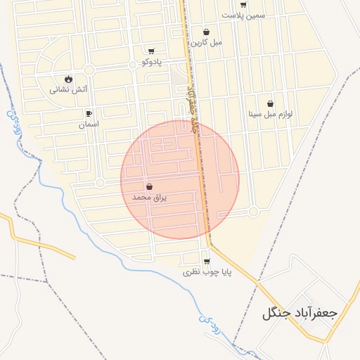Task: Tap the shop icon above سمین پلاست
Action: [x=243, y=4]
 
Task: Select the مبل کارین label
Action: [x=206, y=41]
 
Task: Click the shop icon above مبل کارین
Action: [x=206, y=32]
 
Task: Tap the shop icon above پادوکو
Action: [x=151, y=51]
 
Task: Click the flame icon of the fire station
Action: [x=68, y=79]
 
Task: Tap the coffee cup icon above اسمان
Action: [x=89, y=113]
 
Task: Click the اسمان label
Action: [x=89, y=124]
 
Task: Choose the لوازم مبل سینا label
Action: [x=270, y=113]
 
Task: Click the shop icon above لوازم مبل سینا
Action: [x=270, y=103]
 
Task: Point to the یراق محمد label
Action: [x=149, y=198]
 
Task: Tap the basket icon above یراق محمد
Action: [x=149, y=187]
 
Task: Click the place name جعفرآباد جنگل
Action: [x=300, y=313]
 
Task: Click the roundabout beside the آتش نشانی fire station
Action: [x=89, y=69]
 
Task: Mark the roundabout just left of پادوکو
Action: [x=133, y=64]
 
